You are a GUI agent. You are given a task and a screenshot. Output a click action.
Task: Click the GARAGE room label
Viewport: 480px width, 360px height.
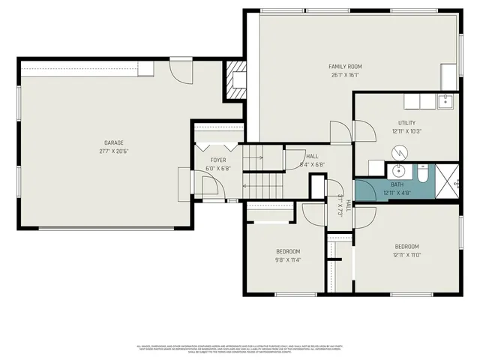[x=114, y=142]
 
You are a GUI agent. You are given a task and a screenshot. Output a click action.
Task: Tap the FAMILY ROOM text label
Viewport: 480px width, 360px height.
[x=345, y=66]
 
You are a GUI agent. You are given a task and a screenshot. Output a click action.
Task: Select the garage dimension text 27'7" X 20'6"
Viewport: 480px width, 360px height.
[x=114, y=151]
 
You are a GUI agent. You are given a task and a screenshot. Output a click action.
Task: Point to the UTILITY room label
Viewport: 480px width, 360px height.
[x=406, y=123]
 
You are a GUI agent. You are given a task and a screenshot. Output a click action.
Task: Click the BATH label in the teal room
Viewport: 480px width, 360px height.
[x=397, y=184]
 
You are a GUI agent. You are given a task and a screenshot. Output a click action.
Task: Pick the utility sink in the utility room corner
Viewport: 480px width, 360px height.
[x=444, y=101]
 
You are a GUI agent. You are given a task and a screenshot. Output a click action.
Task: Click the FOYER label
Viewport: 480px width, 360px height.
[x=217, y=160]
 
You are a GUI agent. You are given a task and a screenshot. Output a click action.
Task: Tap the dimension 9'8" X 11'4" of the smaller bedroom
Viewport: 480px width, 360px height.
[x=288, y=260]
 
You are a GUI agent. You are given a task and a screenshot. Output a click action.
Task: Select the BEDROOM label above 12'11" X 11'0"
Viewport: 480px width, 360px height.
[x=406, y=247]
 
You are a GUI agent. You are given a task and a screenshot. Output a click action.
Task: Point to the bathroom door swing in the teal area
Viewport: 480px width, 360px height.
[x=365, y=189]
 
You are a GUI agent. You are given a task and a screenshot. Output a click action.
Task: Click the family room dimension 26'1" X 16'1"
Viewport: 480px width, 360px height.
[x=345, y=74]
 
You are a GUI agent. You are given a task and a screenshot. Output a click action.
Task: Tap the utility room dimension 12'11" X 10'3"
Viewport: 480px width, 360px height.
[x=406, y=131]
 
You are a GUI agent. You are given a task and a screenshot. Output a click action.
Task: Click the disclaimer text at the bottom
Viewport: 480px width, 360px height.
[x=240, y=349]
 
